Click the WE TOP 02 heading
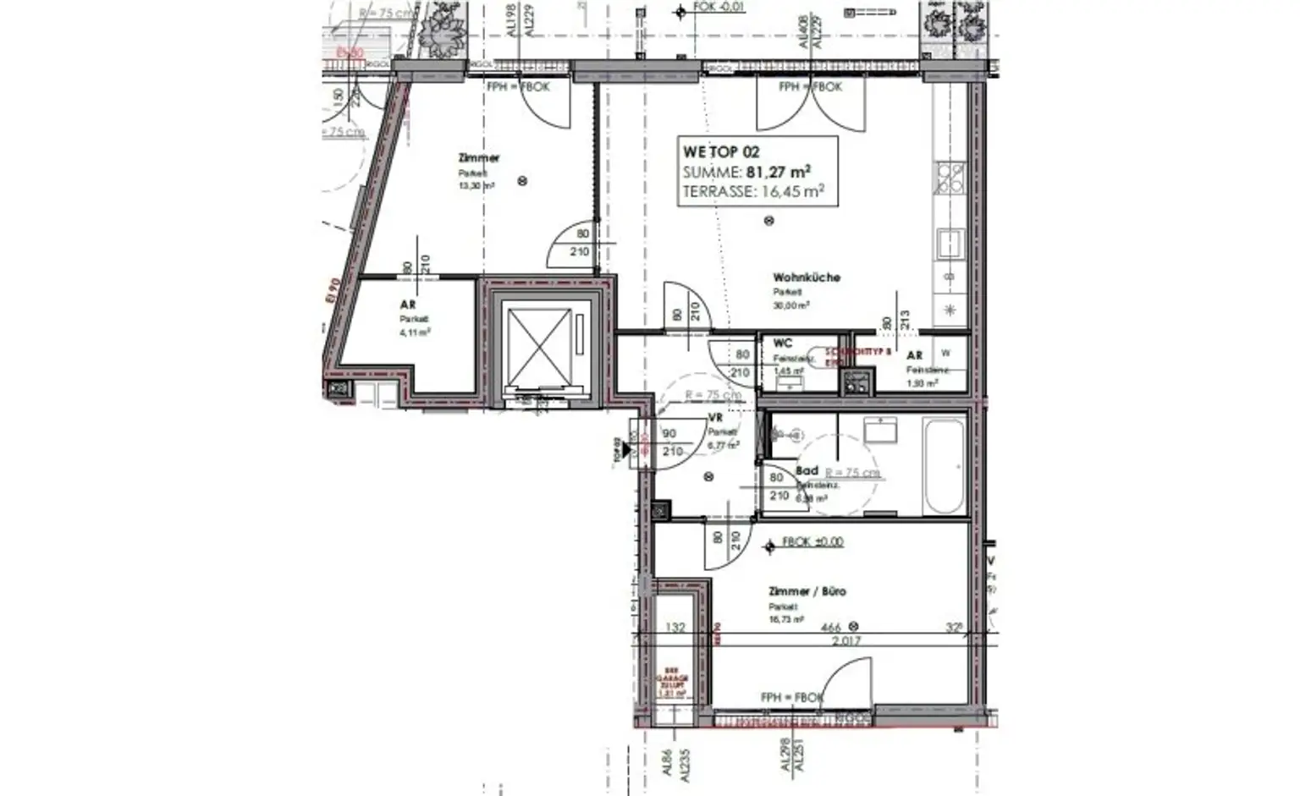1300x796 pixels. click(721, 152)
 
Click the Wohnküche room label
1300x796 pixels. click(806, 277)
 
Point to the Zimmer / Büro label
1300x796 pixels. click(807, 591)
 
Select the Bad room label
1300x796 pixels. click(807, 471)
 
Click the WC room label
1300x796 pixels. click(782, 343)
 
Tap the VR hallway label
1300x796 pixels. click(715, 418)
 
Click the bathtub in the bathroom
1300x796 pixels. click(943, 466)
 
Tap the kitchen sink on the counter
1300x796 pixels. click(949, 244)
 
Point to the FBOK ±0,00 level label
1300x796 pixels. click(812, 542)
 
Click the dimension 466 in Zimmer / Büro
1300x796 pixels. click(831, 628)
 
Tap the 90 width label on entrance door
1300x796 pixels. click(669, 434)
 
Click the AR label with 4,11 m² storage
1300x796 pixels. click(407, 305)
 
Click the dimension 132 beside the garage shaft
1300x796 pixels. click(675, 628)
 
